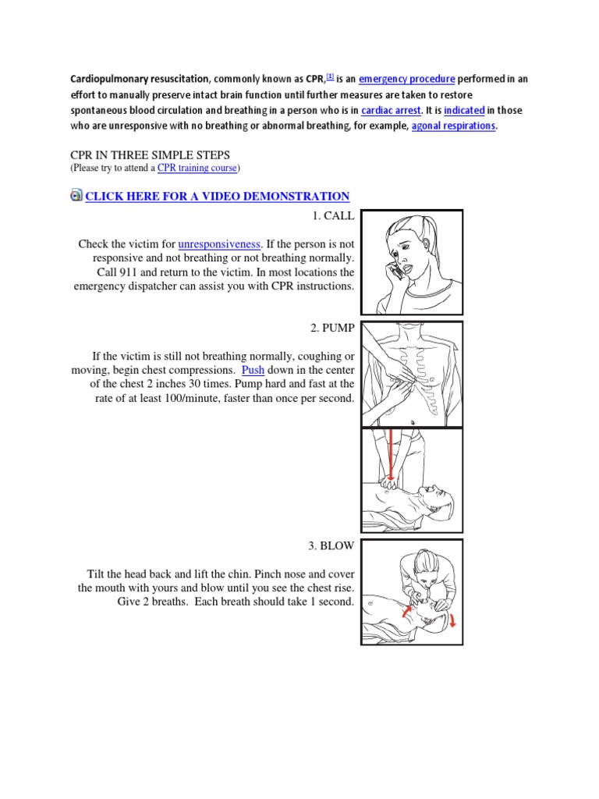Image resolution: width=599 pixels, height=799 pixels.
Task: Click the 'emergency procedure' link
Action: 402,79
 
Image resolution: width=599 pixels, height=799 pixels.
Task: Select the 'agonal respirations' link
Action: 453,126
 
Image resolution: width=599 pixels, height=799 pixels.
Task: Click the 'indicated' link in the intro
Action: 464,110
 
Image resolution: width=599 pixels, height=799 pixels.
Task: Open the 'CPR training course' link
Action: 197,168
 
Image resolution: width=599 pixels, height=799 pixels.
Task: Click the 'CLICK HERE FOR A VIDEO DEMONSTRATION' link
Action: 217,196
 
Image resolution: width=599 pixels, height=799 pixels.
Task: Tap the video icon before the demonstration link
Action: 76,195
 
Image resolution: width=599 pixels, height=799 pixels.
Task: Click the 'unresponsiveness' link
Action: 218,244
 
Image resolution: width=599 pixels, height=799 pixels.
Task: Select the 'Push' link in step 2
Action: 253,370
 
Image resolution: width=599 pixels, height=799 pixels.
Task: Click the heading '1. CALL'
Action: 332,216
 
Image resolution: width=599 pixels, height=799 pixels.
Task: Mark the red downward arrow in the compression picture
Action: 390,456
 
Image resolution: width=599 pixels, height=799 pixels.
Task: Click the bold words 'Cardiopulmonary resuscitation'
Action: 140,79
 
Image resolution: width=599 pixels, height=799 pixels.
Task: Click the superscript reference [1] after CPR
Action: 330,76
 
